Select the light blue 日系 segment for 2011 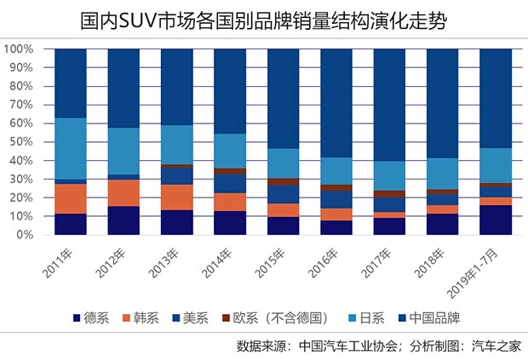pos(71,148)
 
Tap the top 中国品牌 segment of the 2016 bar pos(336,103)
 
